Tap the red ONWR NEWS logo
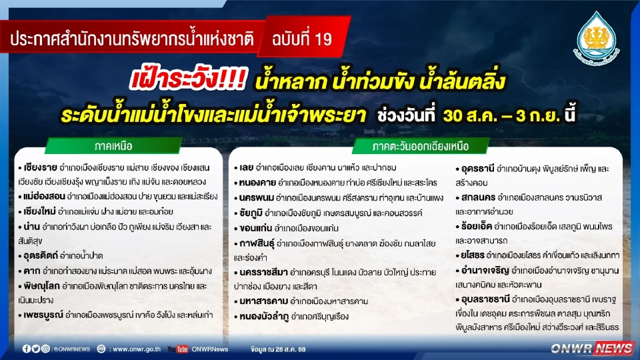tap(593, 348)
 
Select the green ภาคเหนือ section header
tap(98, 145)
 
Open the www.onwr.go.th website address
tap(136, 349)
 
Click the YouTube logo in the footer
tap(177, 349)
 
